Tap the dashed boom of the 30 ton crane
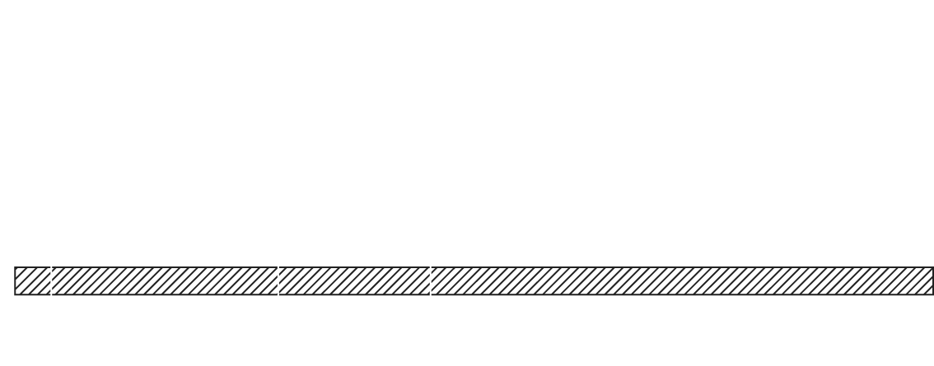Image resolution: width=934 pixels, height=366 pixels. point(250,271)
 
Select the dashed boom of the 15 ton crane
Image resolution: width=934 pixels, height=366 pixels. point(412,262)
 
